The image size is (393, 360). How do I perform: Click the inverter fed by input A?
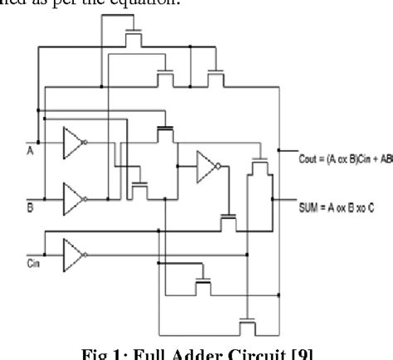pyautogui.click(x=75, y=144)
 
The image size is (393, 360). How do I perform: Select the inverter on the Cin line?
pyautogui.click(x=74, y=250)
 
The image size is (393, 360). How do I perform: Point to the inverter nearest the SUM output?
pyautogui.click(x=208, y=168)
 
